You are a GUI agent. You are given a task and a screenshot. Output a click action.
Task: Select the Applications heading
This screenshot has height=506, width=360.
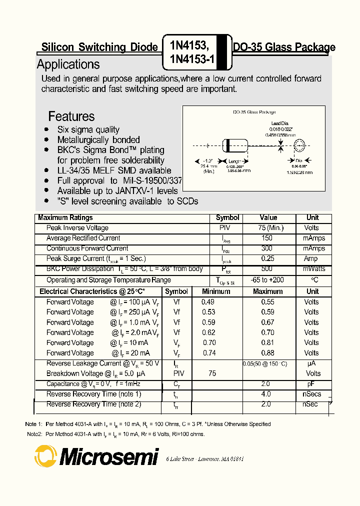tap(68, 64)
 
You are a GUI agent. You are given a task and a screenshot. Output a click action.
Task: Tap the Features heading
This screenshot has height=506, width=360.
tap(71, 116)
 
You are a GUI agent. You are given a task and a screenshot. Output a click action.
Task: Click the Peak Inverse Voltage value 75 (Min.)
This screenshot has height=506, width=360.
tap(268, 228)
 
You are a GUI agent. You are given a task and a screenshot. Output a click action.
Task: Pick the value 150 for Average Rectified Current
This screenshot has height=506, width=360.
tap(267, 238)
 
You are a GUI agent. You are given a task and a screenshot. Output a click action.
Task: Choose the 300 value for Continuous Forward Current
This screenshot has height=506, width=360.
tap(267, 248)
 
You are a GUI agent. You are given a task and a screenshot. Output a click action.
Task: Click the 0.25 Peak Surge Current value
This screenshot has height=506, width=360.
tap(267, 259)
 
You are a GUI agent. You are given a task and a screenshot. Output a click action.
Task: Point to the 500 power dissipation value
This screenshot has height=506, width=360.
tap(267, 269)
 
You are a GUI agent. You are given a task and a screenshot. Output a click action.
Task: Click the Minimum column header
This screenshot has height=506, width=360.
tap(216, 291)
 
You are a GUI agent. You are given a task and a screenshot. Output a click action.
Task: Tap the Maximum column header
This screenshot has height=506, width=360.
tap(267, 291)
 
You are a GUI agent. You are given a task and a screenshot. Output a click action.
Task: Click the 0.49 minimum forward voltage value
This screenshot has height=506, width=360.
tap(207, 302)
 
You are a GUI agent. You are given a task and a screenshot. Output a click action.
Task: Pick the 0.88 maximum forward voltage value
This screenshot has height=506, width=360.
tap(267, 353)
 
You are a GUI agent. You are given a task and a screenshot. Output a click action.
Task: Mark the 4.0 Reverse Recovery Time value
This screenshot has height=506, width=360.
tap(265, 394)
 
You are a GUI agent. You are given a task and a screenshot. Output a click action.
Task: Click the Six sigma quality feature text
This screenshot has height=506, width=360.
tap(88, 129)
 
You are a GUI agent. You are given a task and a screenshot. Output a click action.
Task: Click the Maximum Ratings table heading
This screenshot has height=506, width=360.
tap(65, 217)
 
